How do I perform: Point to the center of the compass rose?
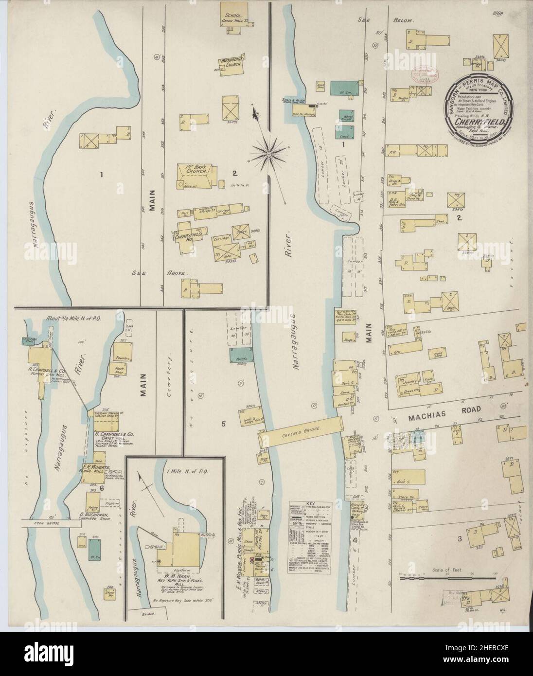pyautogui.click(x=268, y=155)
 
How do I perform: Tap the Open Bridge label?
pyautogui.click(x=50, y=524)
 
